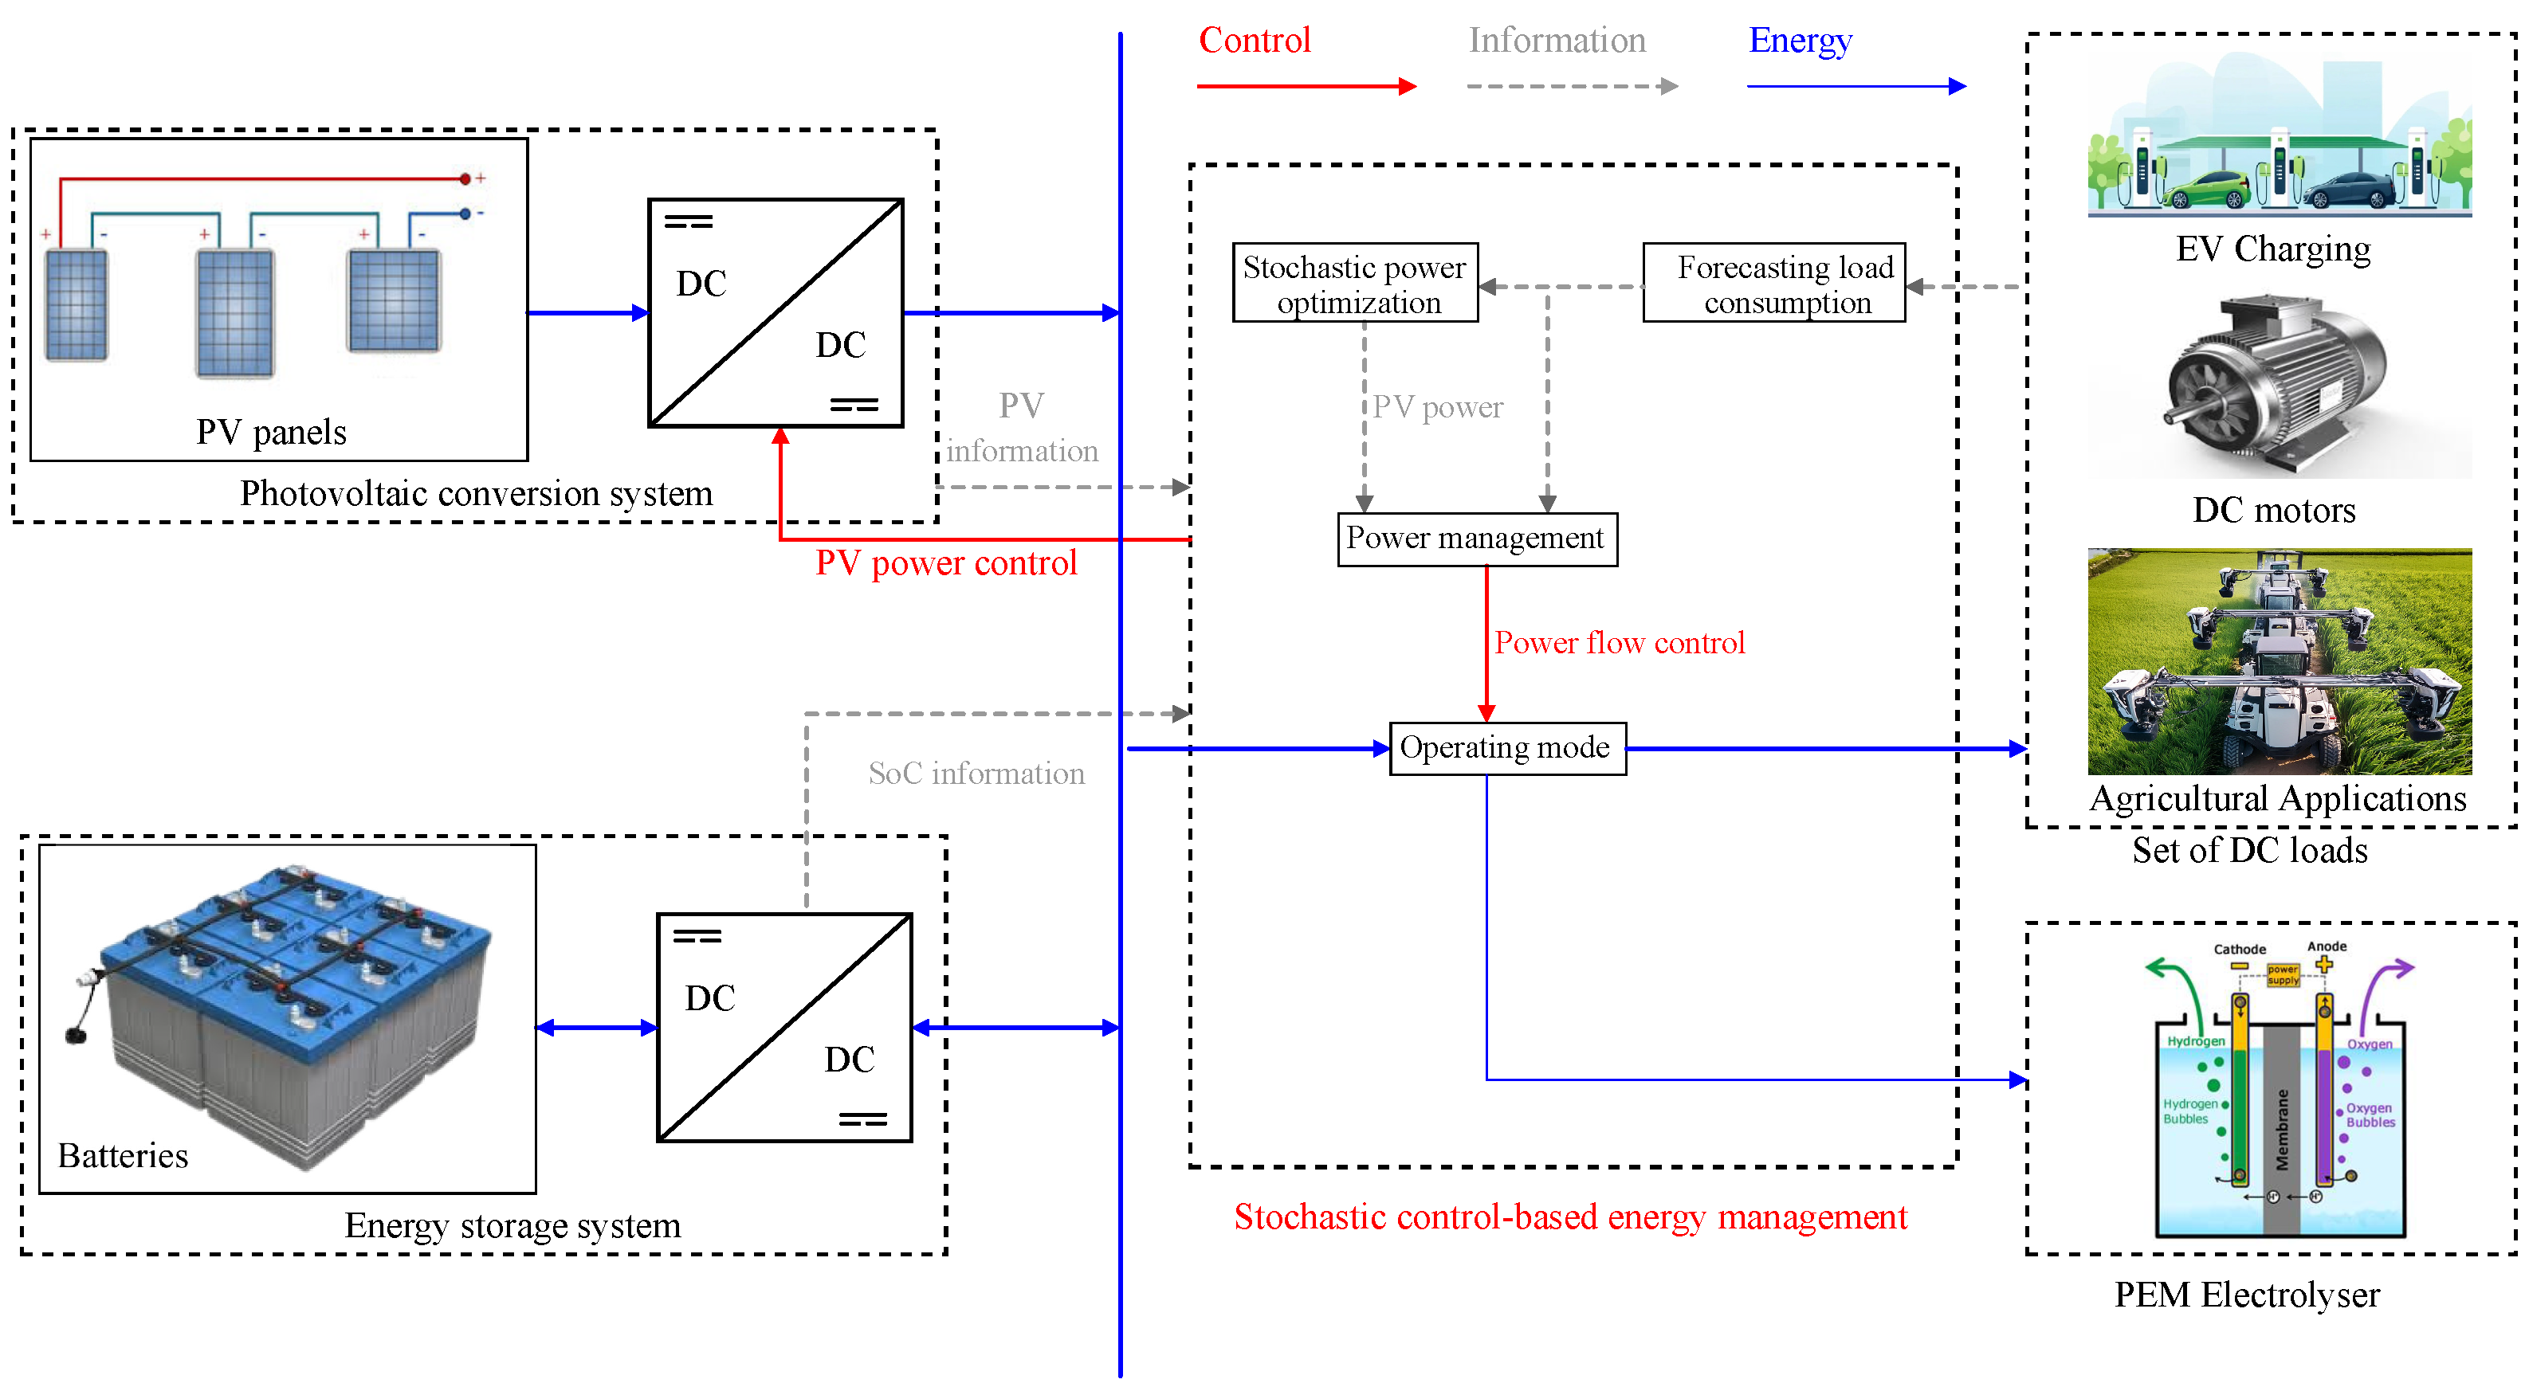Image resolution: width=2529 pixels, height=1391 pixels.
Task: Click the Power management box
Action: click(1477, 539)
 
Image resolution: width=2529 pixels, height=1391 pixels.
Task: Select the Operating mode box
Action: click(1507, 749)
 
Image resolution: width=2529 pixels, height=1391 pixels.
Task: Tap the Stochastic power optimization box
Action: click(1355, 284)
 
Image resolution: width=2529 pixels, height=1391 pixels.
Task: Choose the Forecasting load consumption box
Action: click(1774, 284)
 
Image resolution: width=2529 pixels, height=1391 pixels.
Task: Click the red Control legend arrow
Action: click(1306, 86)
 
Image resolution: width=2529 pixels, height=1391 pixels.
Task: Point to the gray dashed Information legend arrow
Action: click(1571, 86)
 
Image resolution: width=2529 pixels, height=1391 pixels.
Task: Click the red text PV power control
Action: click(945, 563)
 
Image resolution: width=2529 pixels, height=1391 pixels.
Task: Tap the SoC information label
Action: click(976, 774)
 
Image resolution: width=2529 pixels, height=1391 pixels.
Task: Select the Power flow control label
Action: click(1619, 643)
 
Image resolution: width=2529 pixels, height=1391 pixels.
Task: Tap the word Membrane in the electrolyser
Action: click(2282, 1129)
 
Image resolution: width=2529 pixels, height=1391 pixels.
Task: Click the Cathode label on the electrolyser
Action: click(2240, 950)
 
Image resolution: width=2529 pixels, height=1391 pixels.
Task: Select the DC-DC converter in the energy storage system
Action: click(784, 1028)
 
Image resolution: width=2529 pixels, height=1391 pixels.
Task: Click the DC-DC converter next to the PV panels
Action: click(776, 313)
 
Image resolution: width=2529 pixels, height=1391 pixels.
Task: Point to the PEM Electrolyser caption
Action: click(2246, 1295)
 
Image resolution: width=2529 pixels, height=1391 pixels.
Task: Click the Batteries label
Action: click(123, 1155)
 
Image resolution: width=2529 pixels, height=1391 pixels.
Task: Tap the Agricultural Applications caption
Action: click(2276, 799)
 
